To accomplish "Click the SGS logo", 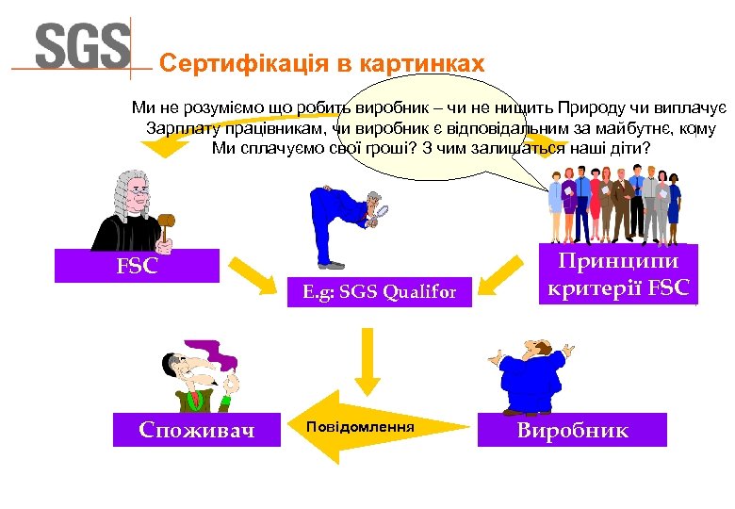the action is point(83,44).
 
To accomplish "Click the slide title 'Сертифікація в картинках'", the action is point(321,64).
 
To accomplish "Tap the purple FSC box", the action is point(137,266).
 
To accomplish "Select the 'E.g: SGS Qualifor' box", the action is point(380,292).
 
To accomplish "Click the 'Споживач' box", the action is point(196,430).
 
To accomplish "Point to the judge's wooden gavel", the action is point(166,223).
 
